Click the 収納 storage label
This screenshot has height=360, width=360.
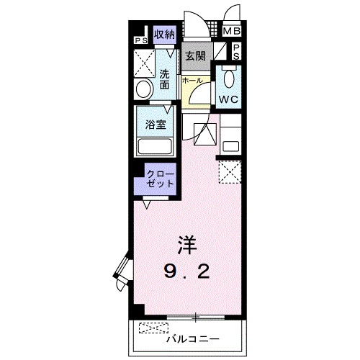(x=166, y=33)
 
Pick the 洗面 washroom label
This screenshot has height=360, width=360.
(x=166, y=79)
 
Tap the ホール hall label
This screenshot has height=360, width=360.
(x=192, y=81)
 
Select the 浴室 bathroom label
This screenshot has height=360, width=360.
(x=156, y=123)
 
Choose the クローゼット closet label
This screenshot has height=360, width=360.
(x=160, y=179)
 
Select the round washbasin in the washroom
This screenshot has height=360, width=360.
(x=144, y=89)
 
